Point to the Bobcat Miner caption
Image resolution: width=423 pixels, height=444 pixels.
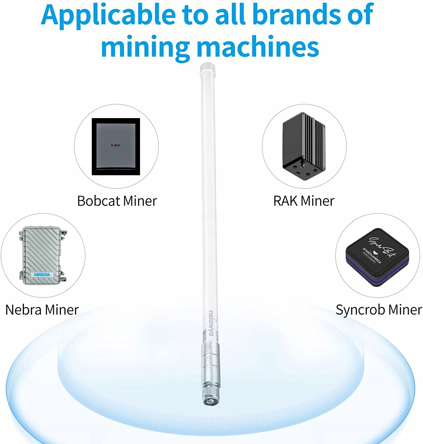tap(117, 201)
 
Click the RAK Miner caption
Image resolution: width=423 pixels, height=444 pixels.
tap(304, 201)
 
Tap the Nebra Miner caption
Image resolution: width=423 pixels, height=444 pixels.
tap(42, 310)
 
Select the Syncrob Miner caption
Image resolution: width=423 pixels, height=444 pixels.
tap(379, 310)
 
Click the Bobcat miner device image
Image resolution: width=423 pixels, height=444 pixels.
tap(116, 147)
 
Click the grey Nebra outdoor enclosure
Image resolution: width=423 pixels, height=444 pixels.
tap(42, 255)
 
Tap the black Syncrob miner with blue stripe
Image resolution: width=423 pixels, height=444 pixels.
tap(377, 257)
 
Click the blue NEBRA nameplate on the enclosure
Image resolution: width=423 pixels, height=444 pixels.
tap(42, 275)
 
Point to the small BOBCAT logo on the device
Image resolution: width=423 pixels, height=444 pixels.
tap(116, 145)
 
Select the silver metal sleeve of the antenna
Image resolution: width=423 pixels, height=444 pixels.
tap(210, 363)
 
